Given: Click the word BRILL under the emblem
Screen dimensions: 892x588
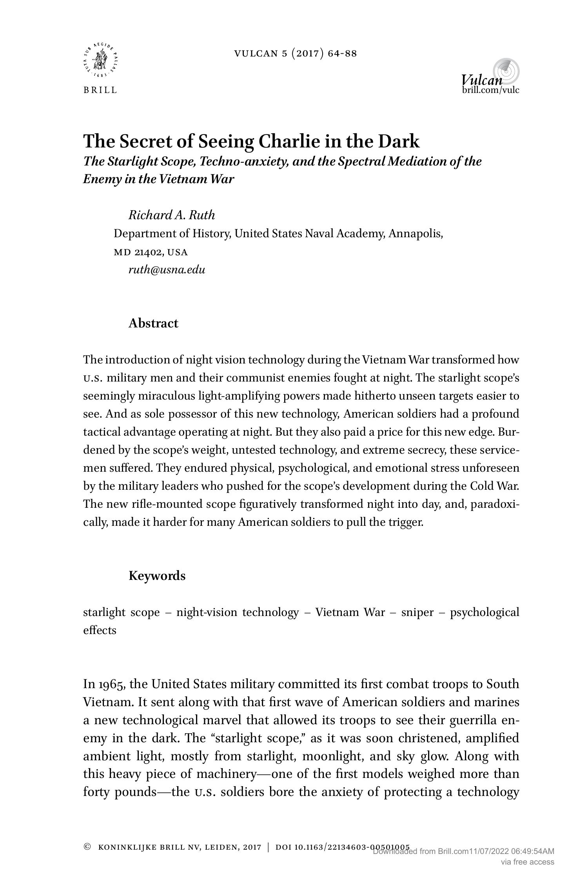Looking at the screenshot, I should [100, 90].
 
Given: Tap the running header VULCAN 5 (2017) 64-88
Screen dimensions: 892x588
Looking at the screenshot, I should [296, 53].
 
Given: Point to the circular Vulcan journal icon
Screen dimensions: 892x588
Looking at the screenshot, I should [506, 71].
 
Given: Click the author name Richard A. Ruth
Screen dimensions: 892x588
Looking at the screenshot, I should [172, 215].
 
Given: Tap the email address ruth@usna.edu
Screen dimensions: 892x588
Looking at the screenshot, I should [167, 270].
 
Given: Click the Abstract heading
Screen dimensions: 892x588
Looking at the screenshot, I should [153, 323].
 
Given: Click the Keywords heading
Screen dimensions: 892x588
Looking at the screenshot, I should [157, 576].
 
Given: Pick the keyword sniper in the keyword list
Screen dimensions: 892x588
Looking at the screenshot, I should [417, 612].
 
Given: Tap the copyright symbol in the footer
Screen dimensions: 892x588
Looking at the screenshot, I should [87, 847].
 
